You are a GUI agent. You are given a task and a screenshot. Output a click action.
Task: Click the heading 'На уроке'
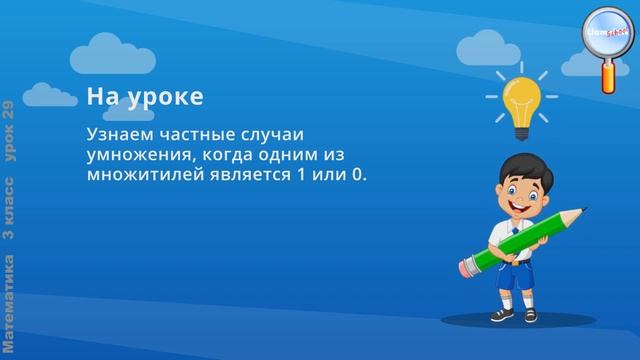pyautogui.click(x=145, y=97)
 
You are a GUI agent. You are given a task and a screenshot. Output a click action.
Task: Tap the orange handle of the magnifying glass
pyautogui.click(x=609, y=76)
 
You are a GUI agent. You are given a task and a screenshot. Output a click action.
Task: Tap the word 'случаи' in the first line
pyautogui.click(x=274, y=134)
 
